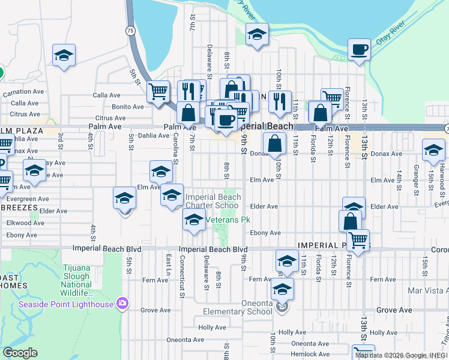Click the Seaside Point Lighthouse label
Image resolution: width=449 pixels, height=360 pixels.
[65, 304]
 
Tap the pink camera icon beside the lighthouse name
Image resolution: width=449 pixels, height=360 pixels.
[123, 304]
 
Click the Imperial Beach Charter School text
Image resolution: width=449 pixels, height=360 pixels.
[212, 201]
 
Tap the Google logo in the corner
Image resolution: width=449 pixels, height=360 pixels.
[20, 353]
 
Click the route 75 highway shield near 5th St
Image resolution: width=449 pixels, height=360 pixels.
[130, 30]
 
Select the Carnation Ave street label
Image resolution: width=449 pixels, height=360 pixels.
[23, 93]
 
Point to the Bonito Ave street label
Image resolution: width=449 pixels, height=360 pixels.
[128, 107]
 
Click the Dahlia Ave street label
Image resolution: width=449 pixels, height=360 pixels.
[154, 136]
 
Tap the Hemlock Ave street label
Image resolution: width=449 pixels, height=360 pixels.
[310, 355]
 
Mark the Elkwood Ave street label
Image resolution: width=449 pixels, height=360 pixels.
[25, 223]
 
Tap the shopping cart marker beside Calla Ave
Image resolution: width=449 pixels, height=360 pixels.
[158, 92]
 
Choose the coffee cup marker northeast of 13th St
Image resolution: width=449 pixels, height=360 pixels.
[359, 50]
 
